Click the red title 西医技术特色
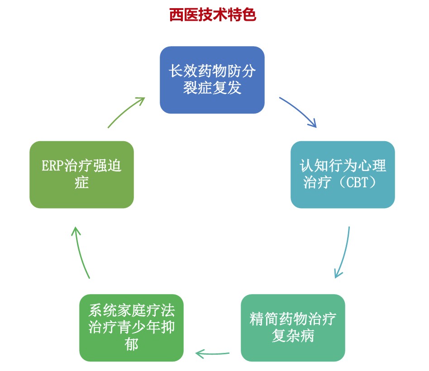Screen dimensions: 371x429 (x=213, y=15)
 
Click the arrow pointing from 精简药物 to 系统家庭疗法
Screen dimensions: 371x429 (x=213, y=352)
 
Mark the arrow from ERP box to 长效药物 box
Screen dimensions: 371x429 (x=126, y=112)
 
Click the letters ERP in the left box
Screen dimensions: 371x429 (x=52, y=166)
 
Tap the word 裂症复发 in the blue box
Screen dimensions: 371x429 (x=212, y=88)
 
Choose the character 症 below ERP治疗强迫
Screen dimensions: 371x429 (x=81, y=183)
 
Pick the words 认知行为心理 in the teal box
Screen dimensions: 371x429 (x=343, y=166)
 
